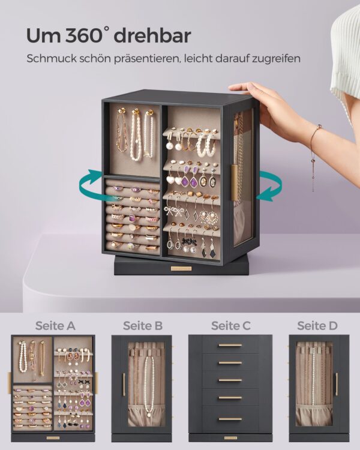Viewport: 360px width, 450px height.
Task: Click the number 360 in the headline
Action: pos(83,36)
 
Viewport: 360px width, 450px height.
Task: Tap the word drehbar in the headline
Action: pos(152,35)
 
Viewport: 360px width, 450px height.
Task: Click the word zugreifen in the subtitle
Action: pos(276,59)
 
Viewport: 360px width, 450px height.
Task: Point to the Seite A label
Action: pos(55,326)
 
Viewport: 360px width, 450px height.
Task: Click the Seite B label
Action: pos(143,326)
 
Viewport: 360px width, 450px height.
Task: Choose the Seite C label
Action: pos(231,326)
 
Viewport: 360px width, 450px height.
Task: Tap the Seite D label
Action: pos(317,326)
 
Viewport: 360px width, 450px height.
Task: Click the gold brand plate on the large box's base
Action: pos(181,269)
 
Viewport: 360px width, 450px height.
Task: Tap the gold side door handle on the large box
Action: pos(235,182)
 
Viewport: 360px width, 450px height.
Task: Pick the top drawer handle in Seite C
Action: pos(230,345)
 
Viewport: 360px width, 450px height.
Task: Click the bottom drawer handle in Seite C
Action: pos(230,419)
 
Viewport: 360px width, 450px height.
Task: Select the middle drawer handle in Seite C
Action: pos(230,380)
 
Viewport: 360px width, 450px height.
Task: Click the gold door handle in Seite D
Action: pos(337,384)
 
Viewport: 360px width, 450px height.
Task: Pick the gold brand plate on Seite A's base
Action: pos(53,438)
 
